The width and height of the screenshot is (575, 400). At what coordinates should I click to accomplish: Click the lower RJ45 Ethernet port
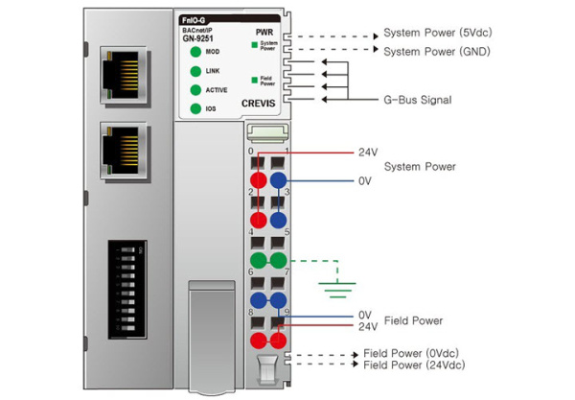point(121,152)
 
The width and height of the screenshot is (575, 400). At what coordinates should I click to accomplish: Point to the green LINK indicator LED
point(195,72)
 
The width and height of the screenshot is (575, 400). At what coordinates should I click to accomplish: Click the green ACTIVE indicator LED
point(195,90)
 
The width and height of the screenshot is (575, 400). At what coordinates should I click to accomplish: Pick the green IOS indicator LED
point(195,108)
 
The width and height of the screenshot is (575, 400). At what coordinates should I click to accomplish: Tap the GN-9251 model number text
point(197,37)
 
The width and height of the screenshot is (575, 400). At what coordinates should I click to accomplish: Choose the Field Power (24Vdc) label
point(415,366)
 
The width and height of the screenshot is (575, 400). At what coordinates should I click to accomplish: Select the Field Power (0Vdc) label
point(413,353)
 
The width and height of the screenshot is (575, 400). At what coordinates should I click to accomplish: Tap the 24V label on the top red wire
point(369,152)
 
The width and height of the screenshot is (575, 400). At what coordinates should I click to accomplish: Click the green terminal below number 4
point(258,260)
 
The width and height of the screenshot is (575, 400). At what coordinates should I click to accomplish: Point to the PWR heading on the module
point(265,33)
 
